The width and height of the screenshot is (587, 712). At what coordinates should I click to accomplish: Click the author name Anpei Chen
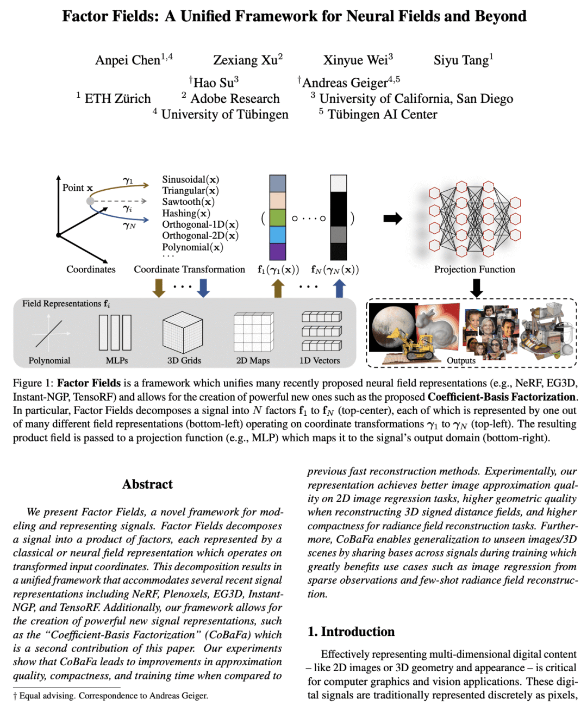pyautogui.click(x=128, y=60)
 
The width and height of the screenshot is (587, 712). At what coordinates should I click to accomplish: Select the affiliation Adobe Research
pyautogui.click(x=235, y=99)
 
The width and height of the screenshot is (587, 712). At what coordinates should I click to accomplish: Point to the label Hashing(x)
pyautogui.click(x=186, y=213)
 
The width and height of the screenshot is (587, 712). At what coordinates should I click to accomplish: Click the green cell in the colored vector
pyautogui.click(x=278, y=217)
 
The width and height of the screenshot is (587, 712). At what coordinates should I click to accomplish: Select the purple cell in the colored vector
pyautogui.click(x=278, y=251)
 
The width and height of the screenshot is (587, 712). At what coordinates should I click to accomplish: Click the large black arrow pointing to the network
pyautogui.click(x=392, y=218)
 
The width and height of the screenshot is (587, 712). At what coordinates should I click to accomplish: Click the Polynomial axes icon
pyautogui.click(x=49, y=333)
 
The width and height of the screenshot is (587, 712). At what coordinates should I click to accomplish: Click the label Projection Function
pyautogui.click(x=474, y=270)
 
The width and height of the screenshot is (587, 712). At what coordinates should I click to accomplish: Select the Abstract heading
pyautogui.click(x=147, y=484)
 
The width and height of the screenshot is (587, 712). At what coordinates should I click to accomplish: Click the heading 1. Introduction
pyautogui.click(x=351, y=632)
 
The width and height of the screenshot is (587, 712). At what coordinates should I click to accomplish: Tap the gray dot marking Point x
pyautogui.click(x=90, y=201)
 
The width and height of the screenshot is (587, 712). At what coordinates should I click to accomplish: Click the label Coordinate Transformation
pyautogui.click(x=189, y=270)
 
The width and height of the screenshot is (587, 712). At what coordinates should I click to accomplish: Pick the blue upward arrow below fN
pyautogui.click(x=339, y=289)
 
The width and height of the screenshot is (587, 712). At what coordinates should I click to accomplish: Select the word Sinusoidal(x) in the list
pyautogui.click(x=190, y=179)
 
